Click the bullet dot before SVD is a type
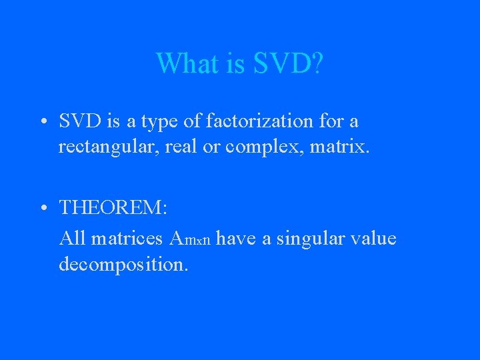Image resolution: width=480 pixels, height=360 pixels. click(42, 122)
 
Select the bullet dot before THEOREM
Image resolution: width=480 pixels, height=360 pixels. click(42, 208)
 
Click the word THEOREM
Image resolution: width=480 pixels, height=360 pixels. click(113, 207)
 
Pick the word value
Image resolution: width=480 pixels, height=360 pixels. click(375, 238)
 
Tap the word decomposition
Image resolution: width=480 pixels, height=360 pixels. click(123, 264)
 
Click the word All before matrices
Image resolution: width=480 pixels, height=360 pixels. click(72, 238)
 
